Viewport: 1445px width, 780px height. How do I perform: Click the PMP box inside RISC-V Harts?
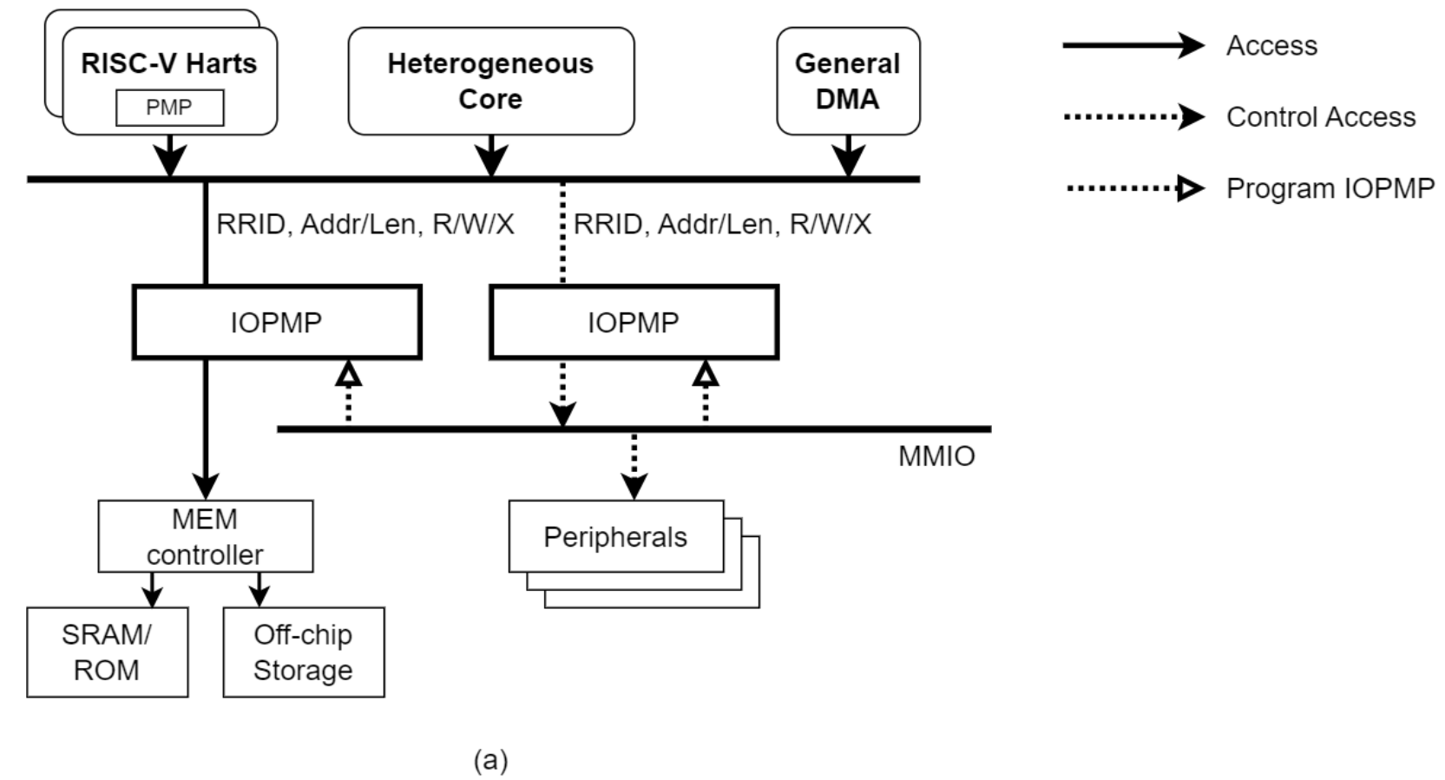point(169,108)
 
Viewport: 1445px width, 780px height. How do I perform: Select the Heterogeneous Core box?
point(490,81)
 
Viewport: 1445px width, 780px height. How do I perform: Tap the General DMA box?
point(847,81)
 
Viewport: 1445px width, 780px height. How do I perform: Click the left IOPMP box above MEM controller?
point(276,322)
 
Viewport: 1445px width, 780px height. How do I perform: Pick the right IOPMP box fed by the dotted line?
point(634,322)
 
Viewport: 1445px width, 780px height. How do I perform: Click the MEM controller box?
point(205,536)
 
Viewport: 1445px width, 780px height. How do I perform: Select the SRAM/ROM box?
point(107,652)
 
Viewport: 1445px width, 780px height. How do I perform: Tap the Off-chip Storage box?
point(303,652)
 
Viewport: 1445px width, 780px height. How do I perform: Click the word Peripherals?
point(614,537)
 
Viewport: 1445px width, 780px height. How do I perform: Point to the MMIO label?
point(936,456)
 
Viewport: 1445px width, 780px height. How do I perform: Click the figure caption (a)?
point(490,760)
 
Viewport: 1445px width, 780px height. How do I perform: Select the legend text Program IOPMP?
point(1329,188)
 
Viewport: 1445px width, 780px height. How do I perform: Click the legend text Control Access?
point(1320,117)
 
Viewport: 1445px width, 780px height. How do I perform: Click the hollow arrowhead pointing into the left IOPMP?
point(348,373)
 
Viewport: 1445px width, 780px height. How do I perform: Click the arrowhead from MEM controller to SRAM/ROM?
point(152,596)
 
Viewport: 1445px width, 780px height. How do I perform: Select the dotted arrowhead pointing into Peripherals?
point(634,486)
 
